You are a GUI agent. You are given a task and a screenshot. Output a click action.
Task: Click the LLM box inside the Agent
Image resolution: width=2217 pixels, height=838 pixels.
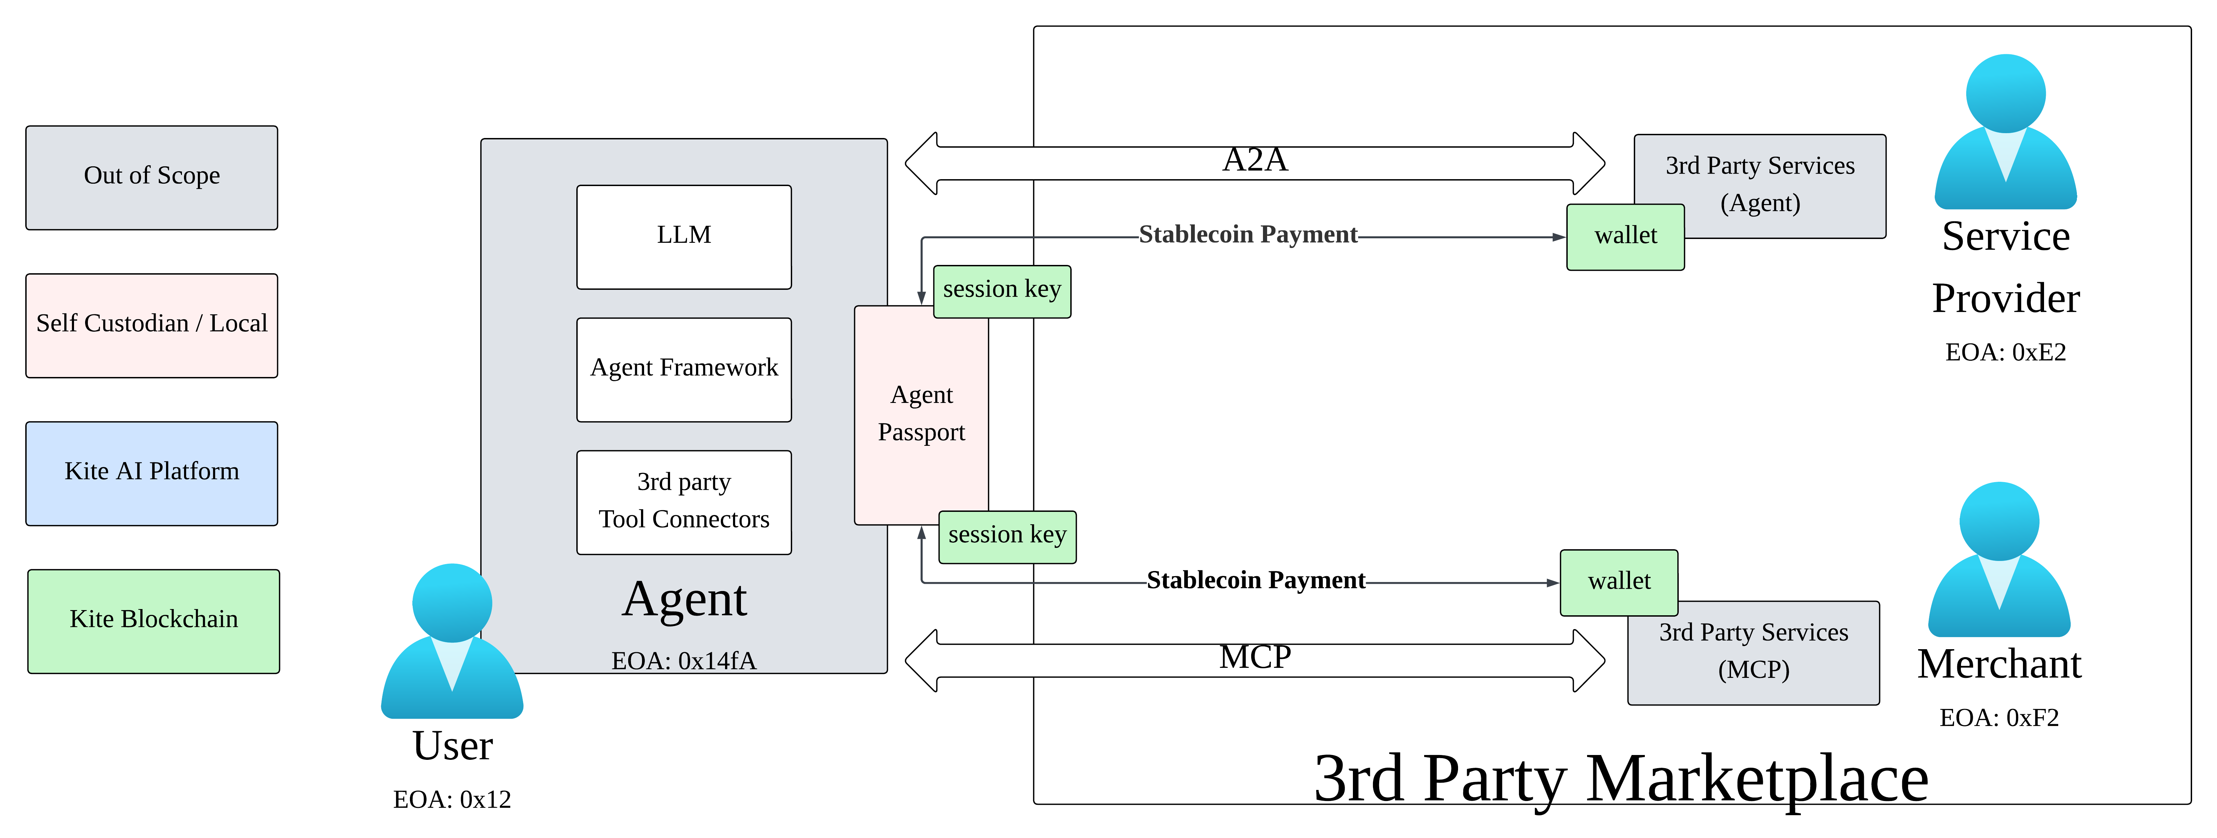pos(683,237)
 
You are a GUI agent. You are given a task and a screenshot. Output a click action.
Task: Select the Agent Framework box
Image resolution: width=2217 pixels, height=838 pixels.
pos(683,369)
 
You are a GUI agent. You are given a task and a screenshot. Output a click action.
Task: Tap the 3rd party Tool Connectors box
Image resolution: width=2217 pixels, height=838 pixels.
pos(683,501)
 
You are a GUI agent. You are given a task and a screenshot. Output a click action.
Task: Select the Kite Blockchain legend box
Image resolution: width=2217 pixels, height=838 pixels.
pos(153,620)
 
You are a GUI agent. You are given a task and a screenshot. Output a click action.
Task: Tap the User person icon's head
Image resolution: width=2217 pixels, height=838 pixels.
pos(452,602)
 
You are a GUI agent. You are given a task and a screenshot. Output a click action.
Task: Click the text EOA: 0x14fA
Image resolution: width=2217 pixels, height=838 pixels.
pos(683,661)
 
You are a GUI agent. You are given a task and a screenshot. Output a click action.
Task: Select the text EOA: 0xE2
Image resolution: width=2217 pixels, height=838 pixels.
pos(2005,353)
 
